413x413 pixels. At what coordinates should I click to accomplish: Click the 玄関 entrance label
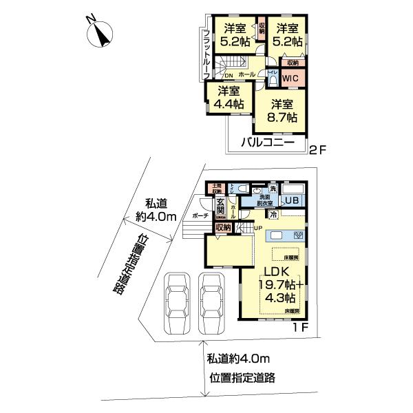coord(220,206)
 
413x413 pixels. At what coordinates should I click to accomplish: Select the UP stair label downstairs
coord(258,228)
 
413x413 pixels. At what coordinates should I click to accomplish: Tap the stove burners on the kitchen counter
coord(299,235)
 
